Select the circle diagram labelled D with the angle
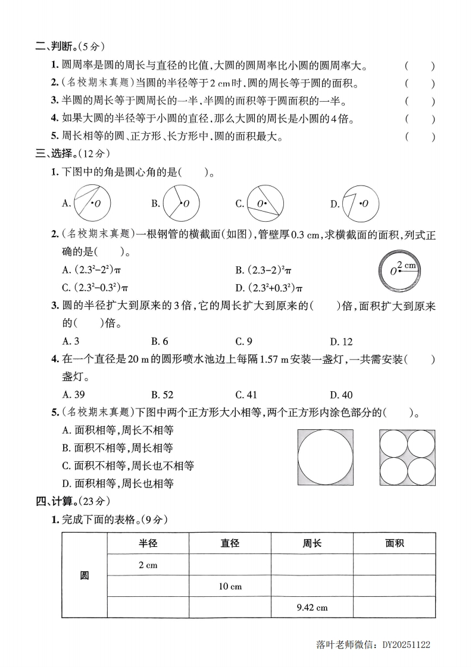coord(359,203)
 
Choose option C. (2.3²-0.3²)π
coord(96,288)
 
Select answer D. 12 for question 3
coord(341,341)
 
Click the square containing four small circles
coord(407,458)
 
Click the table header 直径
coord(230,543)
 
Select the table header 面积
coord(394,543)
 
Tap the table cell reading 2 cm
coord(148,565)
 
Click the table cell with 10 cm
coord(230,586)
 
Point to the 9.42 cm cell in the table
coord(312,608)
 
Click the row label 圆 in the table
coord(84,575)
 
